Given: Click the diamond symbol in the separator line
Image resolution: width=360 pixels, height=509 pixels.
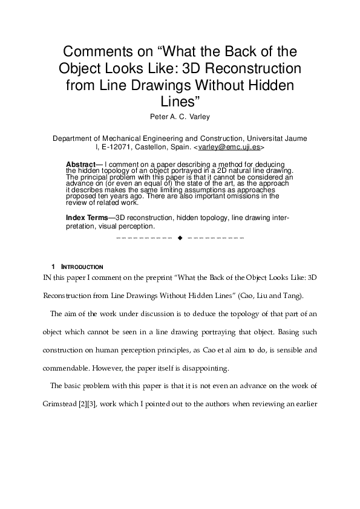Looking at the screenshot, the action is pyautogui.click(x=180, y=238).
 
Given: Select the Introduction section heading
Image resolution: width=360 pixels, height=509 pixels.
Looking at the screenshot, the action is pyautogui.click(x=83, y=267).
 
